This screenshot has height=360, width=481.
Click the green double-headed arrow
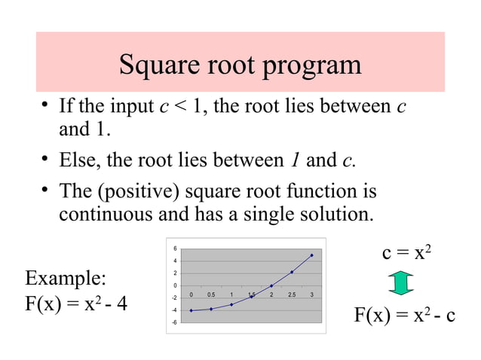(402, 282)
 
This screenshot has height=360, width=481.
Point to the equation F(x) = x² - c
(405, 314)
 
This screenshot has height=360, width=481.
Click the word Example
(66, 279)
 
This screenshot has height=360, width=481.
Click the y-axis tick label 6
(175, 249)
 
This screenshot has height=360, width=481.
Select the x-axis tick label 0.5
(211, 294)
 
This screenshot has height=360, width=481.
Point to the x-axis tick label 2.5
(291, 294)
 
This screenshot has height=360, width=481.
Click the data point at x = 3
(311, 255)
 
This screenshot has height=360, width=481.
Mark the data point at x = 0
(191, 310)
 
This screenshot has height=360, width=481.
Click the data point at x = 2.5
(292, 272)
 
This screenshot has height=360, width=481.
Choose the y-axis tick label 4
(175, 261)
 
